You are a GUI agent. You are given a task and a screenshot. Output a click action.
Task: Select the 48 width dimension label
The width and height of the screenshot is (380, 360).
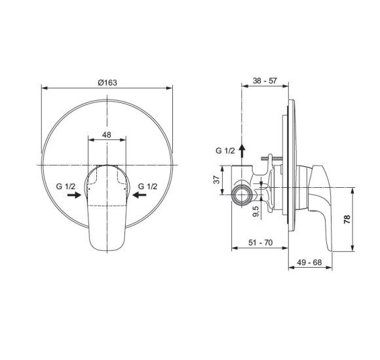point(106,135)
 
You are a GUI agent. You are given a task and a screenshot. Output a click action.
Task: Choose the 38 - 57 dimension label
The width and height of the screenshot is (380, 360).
point(265,82)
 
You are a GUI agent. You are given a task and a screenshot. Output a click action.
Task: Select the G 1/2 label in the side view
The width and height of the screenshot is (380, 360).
point(226,150)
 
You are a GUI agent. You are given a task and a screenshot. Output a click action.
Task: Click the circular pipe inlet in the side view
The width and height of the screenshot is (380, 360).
point(242,194)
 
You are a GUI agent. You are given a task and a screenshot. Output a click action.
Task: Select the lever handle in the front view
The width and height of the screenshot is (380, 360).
point(106,209)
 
